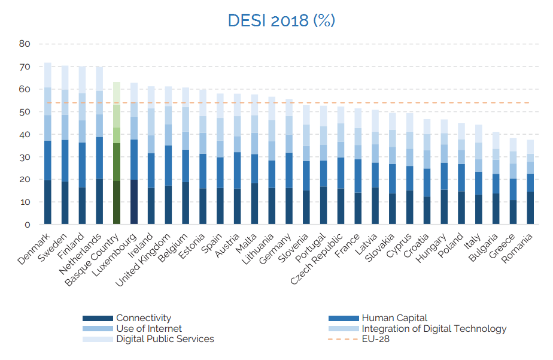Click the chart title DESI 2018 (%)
(x=281, y=20)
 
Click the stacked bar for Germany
(x=290, y=162)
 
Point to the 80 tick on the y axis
(x=25, y=44)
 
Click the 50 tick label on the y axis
(x=25, y=112)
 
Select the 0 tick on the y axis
(x=27, y=225)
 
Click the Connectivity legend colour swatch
(x=98, y=318)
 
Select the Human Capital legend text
(x=394, y=318)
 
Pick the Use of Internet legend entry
(x=149, y=329)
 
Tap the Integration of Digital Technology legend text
(x=434, y=329)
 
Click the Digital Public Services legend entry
(x=165, y=339)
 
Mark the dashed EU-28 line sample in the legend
(x=343, y=339)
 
